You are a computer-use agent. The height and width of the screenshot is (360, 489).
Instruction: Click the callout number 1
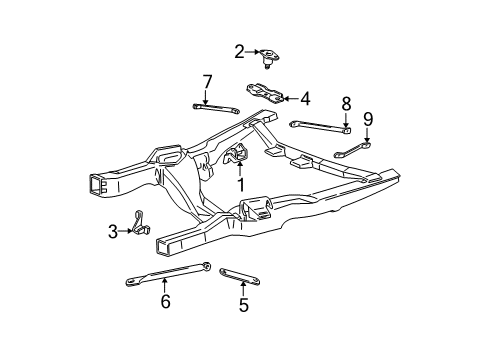click(240, 184)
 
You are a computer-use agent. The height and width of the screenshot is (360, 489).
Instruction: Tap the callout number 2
click(240, 51)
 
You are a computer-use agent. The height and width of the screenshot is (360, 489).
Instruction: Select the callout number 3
click(114, 232)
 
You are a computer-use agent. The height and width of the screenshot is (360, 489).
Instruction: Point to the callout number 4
click(305, 99)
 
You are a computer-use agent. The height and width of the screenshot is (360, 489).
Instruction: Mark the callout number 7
click(207, 80)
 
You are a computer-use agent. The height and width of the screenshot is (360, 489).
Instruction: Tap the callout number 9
click(368, 119)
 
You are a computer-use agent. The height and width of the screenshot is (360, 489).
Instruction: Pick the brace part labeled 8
click(320, 124)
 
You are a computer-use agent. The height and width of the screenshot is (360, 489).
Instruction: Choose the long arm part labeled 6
click(166, 274)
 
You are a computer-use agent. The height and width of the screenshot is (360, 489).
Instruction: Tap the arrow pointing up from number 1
click(240, 170)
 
